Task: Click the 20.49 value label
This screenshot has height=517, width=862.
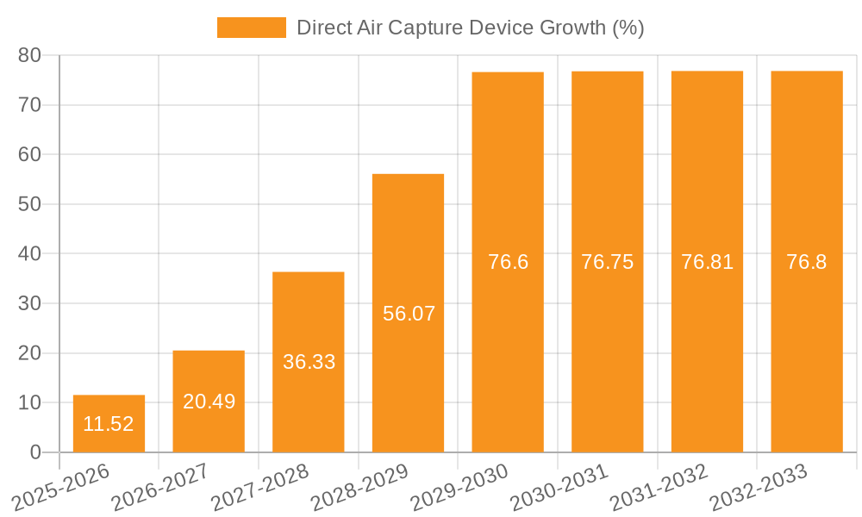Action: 209,402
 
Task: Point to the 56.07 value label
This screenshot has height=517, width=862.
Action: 409,314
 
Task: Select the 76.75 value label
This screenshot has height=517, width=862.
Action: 607,263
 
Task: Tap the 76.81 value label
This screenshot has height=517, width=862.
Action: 707,263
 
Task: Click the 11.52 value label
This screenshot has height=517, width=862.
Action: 109,424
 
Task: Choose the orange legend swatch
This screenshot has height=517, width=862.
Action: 251,28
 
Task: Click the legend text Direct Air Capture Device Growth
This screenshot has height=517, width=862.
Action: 470,28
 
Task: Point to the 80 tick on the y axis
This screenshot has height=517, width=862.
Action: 30,55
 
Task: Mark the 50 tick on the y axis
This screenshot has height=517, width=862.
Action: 30,204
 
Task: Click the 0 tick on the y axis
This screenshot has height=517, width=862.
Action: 35,452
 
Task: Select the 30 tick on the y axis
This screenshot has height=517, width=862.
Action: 30,303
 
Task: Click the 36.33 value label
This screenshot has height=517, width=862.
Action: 309,362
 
